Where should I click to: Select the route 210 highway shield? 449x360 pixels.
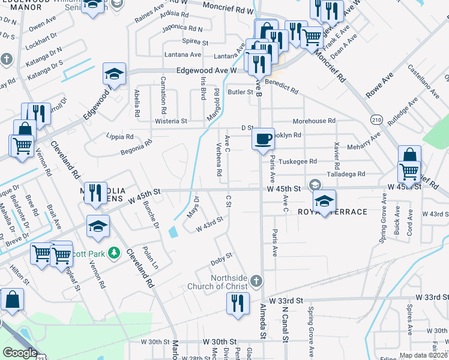pos(376,119)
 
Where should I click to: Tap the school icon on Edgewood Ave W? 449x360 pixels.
pos(114,74)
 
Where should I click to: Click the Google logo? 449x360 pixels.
pos(19,353)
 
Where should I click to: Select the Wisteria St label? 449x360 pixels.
pos(172,121)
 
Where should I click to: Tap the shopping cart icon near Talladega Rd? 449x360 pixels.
pos(409,172)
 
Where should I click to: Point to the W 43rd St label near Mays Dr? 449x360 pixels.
pos(209,224)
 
